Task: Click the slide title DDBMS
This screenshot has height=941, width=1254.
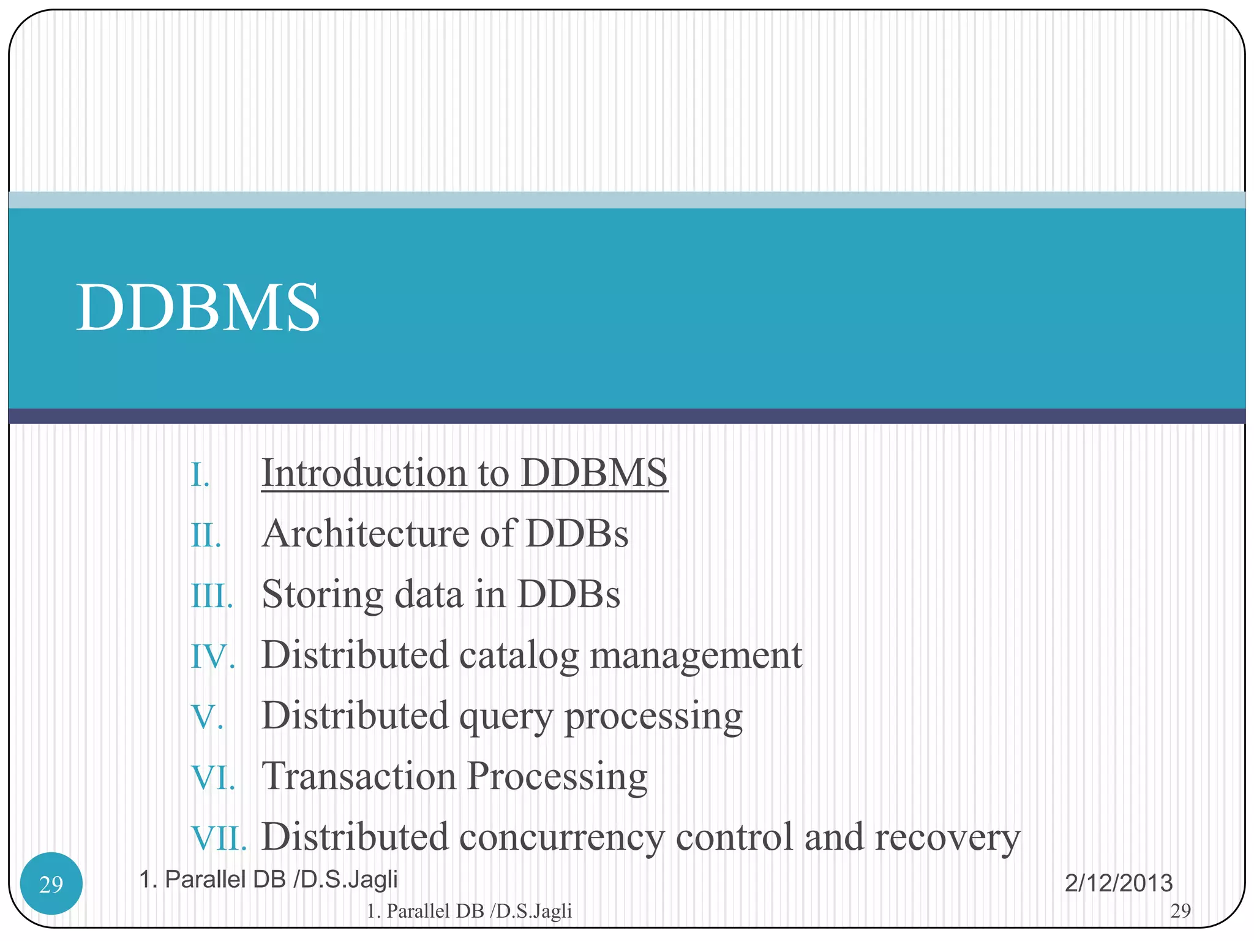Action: [x=198, y=308]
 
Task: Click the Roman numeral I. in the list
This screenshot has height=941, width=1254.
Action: [x=201, y=475]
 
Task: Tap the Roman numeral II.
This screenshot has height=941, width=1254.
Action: [x=206, y=535]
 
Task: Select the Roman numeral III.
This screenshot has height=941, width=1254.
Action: [x=212, y=596]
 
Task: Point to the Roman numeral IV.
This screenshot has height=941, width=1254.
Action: [x=213, y=657]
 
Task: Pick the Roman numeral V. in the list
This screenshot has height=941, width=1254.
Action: [x=208, y=717]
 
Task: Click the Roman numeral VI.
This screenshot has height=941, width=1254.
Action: [x=213, y=778]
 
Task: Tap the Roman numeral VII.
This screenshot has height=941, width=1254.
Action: [x=219, y=839]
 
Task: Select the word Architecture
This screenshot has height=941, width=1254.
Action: [x=365, y=533]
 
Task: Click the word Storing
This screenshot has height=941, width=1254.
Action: [x=322, y=594]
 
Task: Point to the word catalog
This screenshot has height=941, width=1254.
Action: [x=518, y=656]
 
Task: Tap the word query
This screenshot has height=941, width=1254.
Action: [x=506, y=717]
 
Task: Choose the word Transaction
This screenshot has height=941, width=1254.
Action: [x=359, y=776]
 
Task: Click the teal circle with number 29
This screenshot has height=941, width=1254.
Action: [x=51, y=883]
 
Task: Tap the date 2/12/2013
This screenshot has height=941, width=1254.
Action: [x=1118, y=883]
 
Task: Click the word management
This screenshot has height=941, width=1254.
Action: [x=696, y=656]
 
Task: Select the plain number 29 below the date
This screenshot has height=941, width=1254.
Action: [x=1181, y=911]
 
